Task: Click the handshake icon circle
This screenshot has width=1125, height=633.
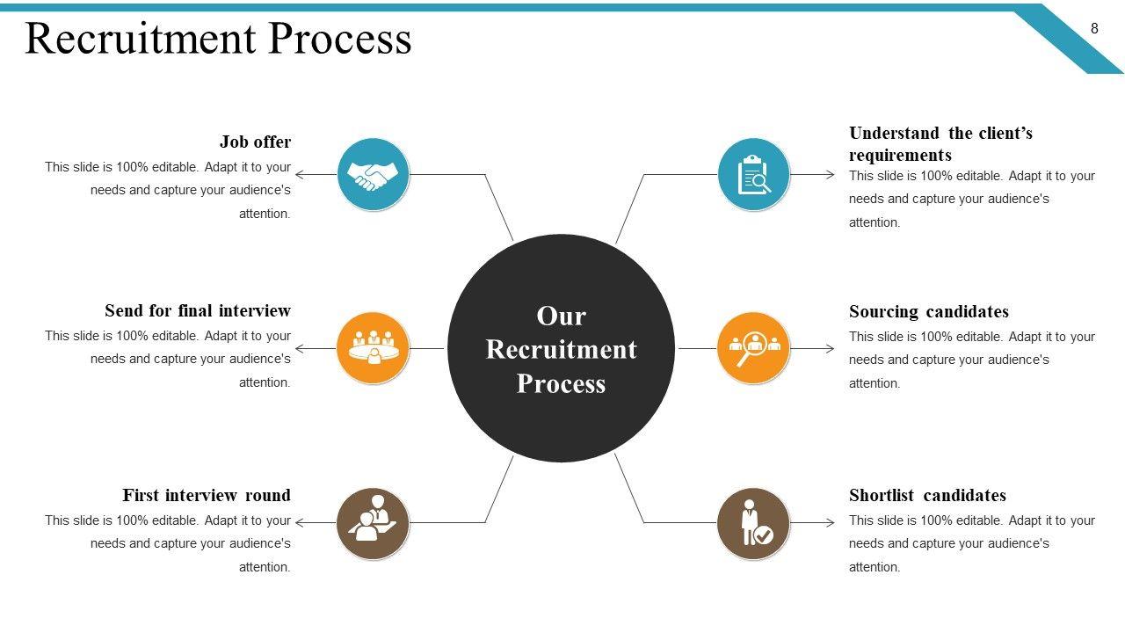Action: point(373,174)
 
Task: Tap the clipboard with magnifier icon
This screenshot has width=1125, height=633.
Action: point(753,174)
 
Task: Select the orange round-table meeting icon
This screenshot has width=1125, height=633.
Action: point(373,348)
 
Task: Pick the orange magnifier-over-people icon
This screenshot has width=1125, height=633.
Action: point(753,348)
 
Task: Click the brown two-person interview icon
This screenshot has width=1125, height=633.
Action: point(373,523)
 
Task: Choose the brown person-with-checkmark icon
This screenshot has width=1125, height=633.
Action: point(753,523)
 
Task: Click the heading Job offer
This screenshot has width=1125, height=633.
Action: point(255,142)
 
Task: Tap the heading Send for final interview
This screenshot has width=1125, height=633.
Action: point(197,311)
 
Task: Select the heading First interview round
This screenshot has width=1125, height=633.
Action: point(206,496)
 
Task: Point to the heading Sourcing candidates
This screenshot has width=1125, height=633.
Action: point(928,312)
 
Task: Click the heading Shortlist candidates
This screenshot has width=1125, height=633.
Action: point(927,496)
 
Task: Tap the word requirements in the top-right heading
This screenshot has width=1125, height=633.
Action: point(900,156)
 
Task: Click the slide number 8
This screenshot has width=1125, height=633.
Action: point(1094,28)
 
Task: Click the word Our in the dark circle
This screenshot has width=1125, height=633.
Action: point(561,316)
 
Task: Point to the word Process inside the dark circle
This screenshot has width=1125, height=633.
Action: point(561,384)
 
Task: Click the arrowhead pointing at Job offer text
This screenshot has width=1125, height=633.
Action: point(300,174)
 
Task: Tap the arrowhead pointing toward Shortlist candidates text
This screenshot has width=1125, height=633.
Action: point(830,523)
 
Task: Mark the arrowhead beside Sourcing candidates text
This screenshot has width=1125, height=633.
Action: point(830,349)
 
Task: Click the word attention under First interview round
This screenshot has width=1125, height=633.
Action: point(265,567)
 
